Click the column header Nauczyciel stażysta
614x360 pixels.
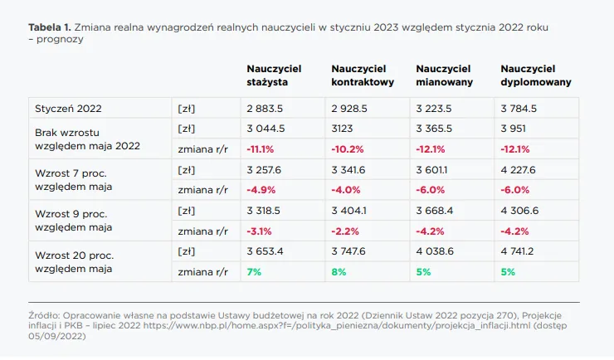(x=274, y=75)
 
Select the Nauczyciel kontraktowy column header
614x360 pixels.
(x=362, y=75)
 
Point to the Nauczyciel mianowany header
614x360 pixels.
(x=444, y=75)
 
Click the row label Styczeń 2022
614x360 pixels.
(x=68, y=108)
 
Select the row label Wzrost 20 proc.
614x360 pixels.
(x=74, y=257)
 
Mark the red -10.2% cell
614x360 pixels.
(x=348, y=148)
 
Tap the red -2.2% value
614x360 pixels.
(x=345, y=231)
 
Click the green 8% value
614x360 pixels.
(x=339, y=271)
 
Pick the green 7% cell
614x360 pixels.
(x=253, y=271)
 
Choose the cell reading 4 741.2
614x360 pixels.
(x=520, y=251)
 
